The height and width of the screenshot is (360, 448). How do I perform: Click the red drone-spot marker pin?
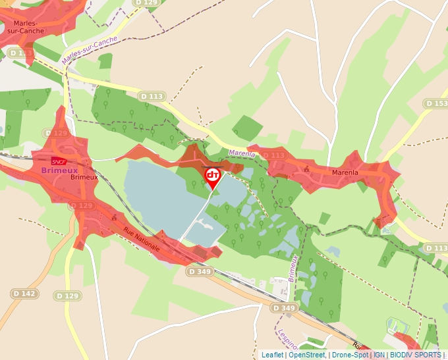(213, 176)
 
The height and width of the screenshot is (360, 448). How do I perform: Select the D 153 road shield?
(435, 104)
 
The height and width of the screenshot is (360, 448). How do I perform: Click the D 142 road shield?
(24, 293)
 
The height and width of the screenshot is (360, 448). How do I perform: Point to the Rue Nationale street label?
(141, 239)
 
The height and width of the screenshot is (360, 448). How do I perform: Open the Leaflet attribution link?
(272, 355)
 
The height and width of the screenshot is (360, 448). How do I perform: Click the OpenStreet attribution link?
(306, 355)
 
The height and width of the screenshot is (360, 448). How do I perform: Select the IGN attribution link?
(379, 355)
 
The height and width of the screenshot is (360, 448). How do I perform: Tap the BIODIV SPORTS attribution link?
(416, 355)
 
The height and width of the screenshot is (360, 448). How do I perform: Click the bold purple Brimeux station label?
(59, 170)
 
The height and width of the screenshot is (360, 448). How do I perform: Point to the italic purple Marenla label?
(241, 153)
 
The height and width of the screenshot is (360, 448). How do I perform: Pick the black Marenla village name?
(345, 173)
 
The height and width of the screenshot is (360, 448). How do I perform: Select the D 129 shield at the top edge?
(146, 3)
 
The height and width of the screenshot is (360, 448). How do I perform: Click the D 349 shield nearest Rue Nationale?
(200, 271)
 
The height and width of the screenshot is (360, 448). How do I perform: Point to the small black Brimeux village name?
(84, 177)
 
